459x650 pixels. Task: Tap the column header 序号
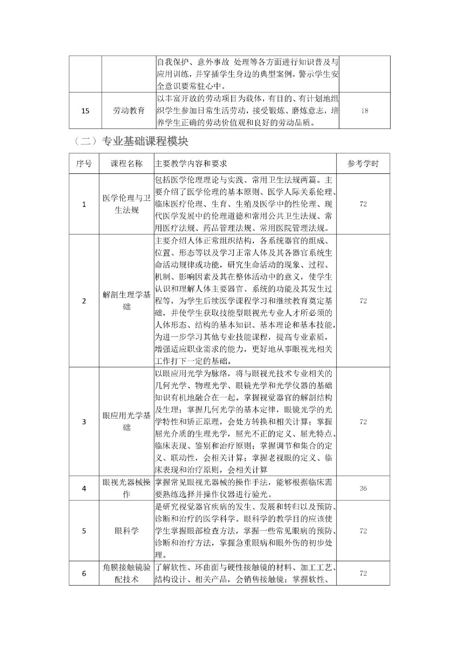coord(84,163)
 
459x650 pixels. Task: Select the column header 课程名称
coord(127,163)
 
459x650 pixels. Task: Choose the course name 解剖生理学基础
coord(127,300)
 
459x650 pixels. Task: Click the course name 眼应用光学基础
coord(127,421)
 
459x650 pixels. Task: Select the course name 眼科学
coord(127,531)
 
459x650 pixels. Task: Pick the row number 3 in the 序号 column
coord(84,421)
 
